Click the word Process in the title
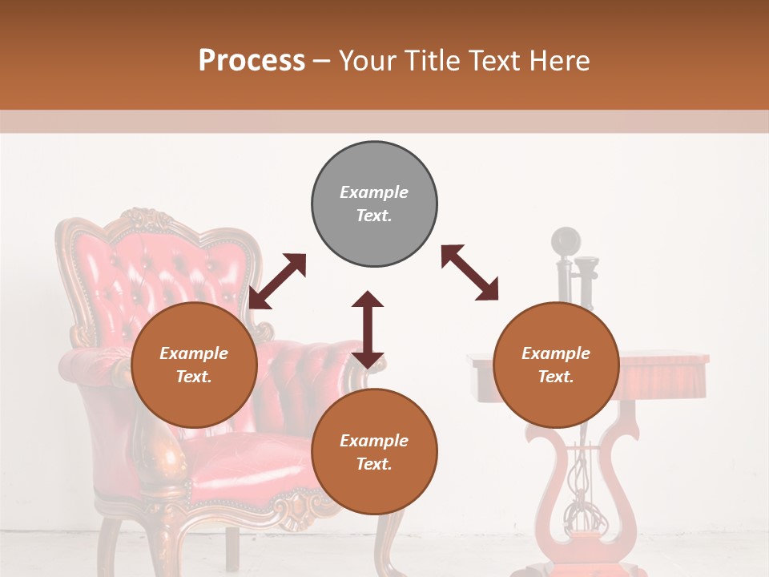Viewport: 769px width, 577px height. point(252,61)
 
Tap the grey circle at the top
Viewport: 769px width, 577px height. point(374,204)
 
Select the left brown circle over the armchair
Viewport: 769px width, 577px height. point(194,365)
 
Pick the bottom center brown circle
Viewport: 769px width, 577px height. point(374,451)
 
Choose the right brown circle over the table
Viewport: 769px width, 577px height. point(556,365)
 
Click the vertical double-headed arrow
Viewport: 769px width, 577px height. point(368,329)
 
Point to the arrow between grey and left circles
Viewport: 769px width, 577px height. point(277,281)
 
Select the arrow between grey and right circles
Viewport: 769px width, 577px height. point(469,272)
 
